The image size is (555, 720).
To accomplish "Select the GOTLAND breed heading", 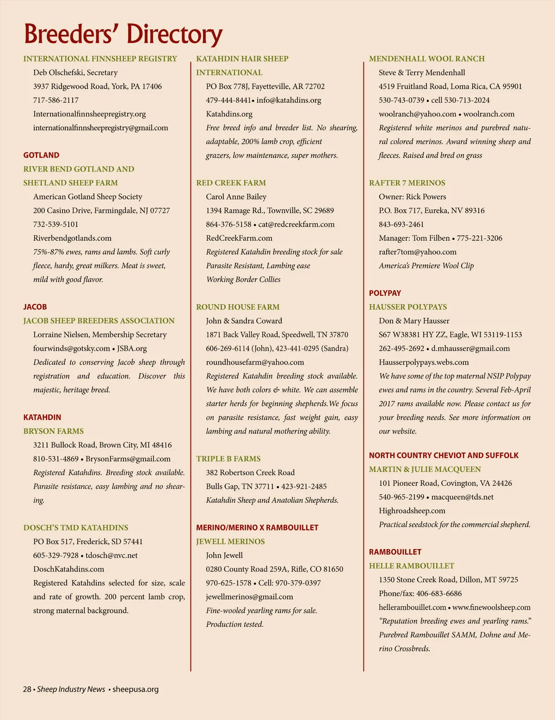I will click(41, 155).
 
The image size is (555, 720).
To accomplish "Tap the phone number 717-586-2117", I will click(56, 100).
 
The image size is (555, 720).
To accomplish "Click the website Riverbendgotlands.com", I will click(72, 238).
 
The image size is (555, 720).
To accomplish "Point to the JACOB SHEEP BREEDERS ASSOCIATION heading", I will click(99, 321).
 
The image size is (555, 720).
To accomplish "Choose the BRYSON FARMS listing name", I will click(54, 431).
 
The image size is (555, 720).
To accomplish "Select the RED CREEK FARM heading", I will click(231, 183).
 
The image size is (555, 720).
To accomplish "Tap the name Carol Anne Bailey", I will click(236, 197).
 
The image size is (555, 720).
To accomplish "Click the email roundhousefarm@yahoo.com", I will click(255, 362).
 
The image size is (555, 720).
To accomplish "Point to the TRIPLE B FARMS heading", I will click(228, 459).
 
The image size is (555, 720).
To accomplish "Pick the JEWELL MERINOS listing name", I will click(230, 542).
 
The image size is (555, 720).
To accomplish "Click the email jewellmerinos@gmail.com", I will click(249, 597).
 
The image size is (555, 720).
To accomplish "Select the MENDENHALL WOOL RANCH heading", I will click(427, 59).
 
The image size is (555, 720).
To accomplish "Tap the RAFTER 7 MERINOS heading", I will click(407, 183).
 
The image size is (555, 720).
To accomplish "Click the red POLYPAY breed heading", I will click(385, 293).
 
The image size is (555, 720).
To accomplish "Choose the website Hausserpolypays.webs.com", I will click(424, 362).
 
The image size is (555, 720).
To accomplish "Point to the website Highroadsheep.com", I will click(412, 511).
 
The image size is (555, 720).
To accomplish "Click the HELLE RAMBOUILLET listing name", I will click(412, 566).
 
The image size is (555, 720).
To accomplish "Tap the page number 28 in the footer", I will click(27, 689).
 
